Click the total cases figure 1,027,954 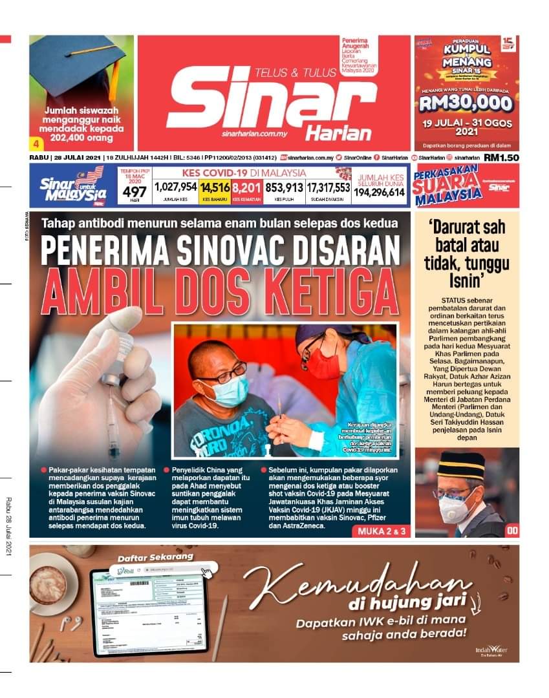176,187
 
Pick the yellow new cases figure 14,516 215,187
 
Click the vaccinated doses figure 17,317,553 328,187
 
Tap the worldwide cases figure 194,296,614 379,192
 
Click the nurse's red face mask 323,363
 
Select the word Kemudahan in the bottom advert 356,582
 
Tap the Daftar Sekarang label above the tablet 146,556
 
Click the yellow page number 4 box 36,142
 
